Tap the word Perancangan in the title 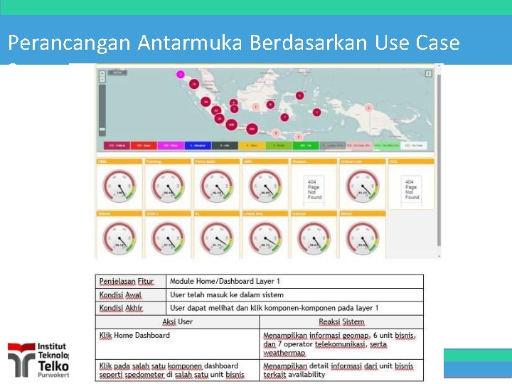[68, 43]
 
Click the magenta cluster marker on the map [181, 74]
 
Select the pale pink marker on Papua [368, 107]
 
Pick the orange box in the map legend [252, 145]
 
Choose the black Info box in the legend [223, 145]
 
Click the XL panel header [217, 213]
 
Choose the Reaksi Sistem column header [341, 321]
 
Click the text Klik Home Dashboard [135, 335]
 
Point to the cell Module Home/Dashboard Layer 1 [225, 282]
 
